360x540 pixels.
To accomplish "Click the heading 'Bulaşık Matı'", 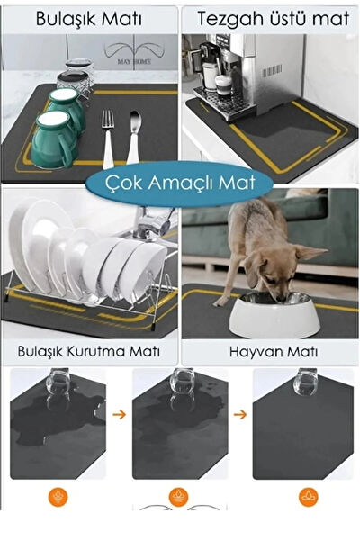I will pos(90,18).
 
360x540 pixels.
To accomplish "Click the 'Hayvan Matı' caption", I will pos(269,349).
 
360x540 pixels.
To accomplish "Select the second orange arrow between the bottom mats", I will pos(238,417).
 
